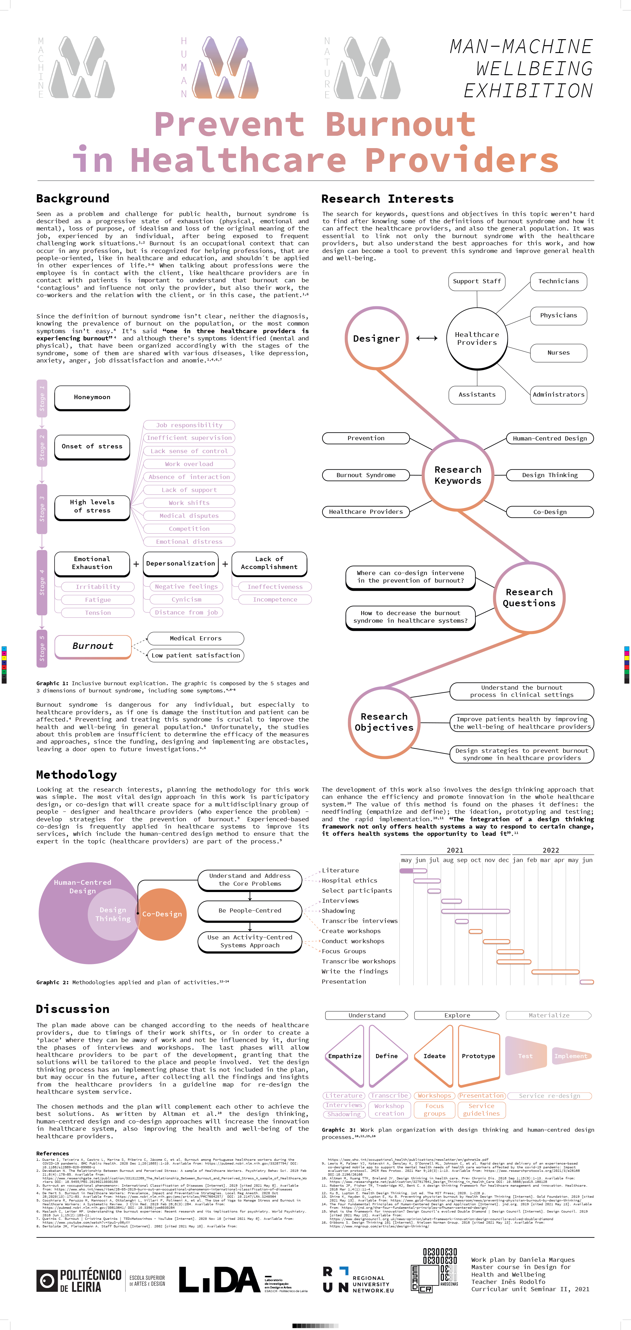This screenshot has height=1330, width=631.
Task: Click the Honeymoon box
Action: pyautogui.click(x=92, y=397)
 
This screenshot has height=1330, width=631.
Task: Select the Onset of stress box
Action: pyautogui.click(x=92, y=446)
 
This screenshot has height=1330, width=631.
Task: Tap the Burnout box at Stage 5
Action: pyautogui.click(x=93, y=646)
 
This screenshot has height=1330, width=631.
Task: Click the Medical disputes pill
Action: pyautogui.click(x=189, y=516)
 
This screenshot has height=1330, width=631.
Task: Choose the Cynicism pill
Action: pyautogui.click(x=186, y=599)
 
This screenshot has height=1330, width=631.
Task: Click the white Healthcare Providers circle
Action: pyautogui.click(x=477, y=338)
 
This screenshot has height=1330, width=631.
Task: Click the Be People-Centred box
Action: pyautogui.click(x=250, y=910)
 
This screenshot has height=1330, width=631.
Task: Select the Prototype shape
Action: pyautogui.click(x=478, y=1056)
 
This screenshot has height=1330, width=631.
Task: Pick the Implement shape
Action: pyautogui.click(x=571, y=1056)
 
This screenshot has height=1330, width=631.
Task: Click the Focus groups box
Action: pyautogui.click(x=434, y=1110)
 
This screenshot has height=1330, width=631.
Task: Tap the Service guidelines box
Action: pyautogui.click(x=481, y=1110)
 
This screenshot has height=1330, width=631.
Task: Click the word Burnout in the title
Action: pyautogui.click(x=400, y=124)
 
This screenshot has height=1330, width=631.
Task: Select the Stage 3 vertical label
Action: pyautogui.click(x=42, y=509)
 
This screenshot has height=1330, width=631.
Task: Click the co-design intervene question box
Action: pyautogui.click(x=410, y=577)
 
